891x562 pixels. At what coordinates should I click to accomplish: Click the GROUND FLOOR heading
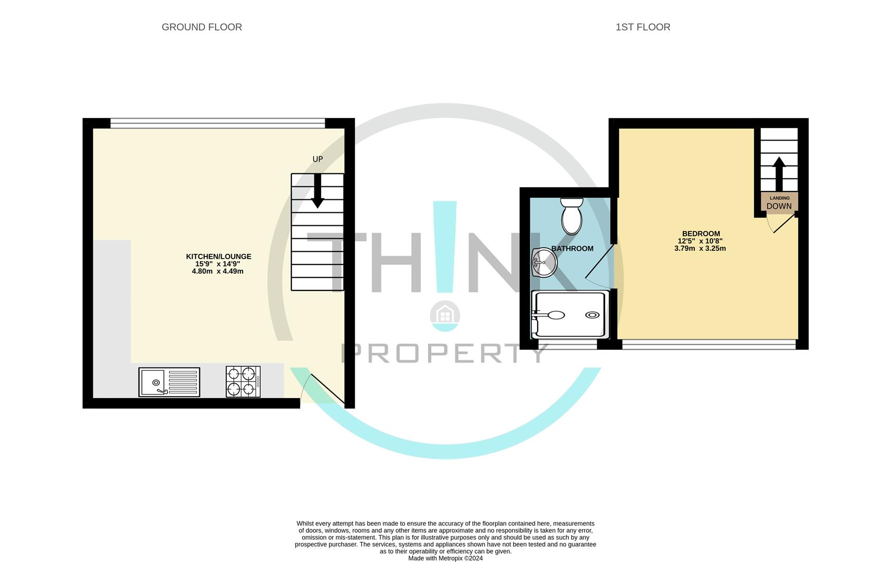coord(201,27)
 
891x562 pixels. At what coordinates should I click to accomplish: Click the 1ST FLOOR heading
coord(643,27)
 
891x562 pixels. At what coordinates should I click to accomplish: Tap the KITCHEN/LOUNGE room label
coord(219,257)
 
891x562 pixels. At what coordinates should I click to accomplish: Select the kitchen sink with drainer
coord(169,382)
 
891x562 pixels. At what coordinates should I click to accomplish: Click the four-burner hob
coord(243,382)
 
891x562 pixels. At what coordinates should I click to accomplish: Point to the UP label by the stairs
coord(317,159)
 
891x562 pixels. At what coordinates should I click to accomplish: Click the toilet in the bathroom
coord(571,216)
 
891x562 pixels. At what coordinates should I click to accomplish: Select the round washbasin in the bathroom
coord(544,262)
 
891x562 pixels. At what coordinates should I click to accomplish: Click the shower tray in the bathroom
coord(570,314)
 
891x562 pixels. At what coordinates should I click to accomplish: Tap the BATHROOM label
coord(572,249)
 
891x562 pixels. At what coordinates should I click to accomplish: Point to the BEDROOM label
coord(701,234)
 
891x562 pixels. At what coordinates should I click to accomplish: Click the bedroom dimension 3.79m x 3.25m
coord(700,249)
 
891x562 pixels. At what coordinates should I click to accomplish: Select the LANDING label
coord(780,198)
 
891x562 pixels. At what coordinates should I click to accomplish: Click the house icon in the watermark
coord(445,314)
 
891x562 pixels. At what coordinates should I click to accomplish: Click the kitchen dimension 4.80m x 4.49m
coord(218,271)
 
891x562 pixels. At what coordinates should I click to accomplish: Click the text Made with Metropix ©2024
coord(446,558)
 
